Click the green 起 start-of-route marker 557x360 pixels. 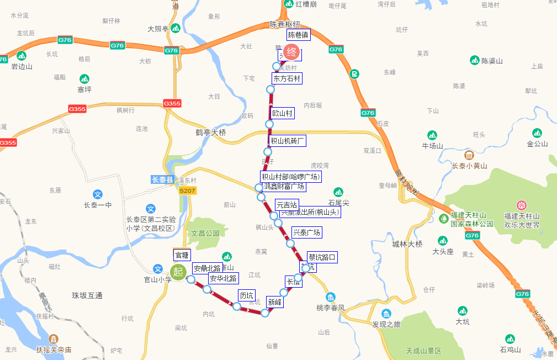(178, 272)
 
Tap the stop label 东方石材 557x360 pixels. (287, 78)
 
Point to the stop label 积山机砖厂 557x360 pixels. (288, 141)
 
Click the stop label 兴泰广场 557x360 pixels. (306, 232)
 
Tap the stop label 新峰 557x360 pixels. (274, 302)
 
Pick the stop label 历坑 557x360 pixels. (246, 294)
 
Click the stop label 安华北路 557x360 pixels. (223, 278)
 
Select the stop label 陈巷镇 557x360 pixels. (299, 35)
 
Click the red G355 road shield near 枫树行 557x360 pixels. (77, 109)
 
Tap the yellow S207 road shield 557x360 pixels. (188, 190)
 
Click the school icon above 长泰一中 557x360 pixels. (98, 194)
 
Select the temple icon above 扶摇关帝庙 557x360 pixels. (54, 339)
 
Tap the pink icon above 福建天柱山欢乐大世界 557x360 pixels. (522, 205)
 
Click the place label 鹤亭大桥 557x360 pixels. (211, 133)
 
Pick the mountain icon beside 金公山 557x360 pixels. (537, 133)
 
